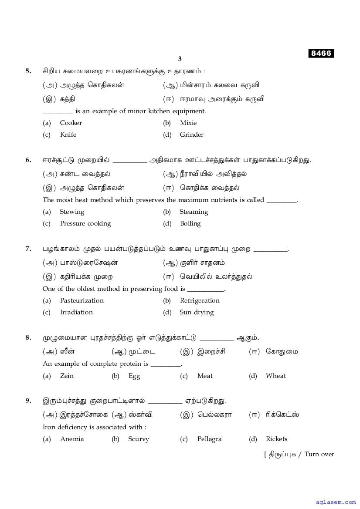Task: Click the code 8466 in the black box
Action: pyautogui.click(x=321, y=54)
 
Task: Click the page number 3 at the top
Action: pyautogui.click(x=180, y=59)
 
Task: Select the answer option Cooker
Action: pyautogui.click(x=71, y=123)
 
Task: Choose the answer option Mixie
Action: pyautogui.click(x=188, y=123)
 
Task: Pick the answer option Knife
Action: pyautogui.click(x=68, y=135)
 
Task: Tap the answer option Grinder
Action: pyautogui.click(x=191, y=135)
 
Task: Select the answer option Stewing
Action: pyautogui.click(x=72, y=212)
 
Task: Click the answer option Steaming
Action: pyautogui.click(x=194, y=212)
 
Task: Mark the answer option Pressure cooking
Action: pyautogui.click(x=85, y=223)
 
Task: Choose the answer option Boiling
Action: pyautogui.click(x=190, y=223)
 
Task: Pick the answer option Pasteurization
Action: pyautogui.click(x=82, y=300)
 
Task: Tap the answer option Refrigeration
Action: pyautogui.click(x=200, y=300)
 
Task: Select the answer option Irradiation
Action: pyautogui.click(x=76, y=312)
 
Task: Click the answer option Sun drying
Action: pyautogui.click(x=197, y=312)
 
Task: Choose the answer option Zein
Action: pyautogui.click(x=67, y=376)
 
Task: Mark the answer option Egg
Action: pyautogui.click(x=134, y=376)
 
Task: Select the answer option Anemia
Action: pyautogui.click(x=72, y=439)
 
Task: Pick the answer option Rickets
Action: pyautogui.click(x=276, y=439)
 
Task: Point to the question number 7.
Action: pyautogui.click(x=28, y=249)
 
